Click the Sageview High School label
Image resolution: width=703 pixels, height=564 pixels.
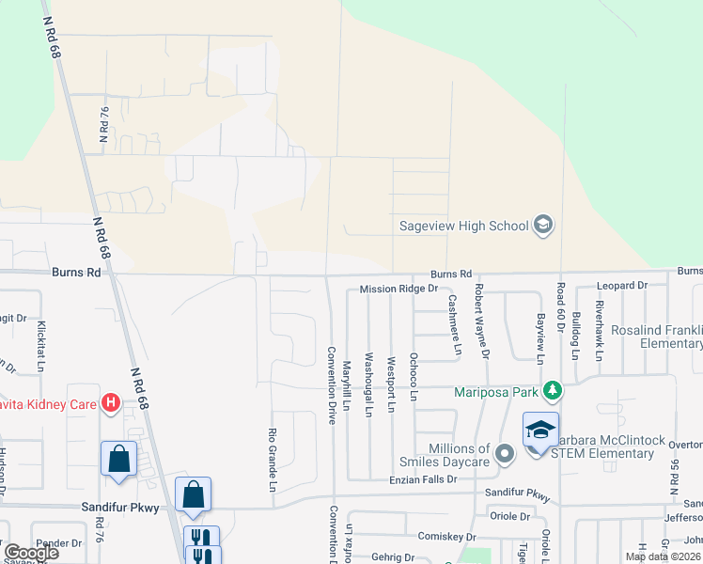pos(463,226)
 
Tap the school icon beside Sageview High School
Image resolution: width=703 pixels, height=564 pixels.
pos(542,225)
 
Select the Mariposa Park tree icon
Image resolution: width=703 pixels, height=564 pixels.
pos(555,390)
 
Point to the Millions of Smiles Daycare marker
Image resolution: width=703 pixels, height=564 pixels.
pos(505,455)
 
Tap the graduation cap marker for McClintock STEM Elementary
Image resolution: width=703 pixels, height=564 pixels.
pos(540,430)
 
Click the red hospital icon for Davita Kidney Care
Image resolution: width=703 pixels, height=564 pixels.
pos(111,402)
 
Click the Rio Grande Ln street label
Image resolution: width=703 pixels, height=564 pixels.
pos(273,461)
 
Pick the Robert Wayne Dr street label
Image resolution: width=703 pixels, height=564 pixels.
pos(482,321)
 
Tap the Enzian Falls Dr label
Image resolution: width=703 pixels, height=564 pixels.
pos(425,479)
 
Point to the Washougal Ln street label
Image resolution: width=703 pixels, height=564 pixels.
pos(368,384)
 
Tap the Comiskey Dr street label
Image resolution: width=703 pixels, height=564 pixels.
pos(446,536)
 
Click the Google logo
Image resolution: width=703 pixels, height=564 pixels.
pos(31,553)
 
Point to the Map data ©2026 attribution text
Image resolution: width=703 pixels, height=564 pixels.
pos(663,556)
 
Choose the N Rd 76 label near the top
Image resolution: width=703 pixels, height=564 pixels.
pos(103,124)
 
